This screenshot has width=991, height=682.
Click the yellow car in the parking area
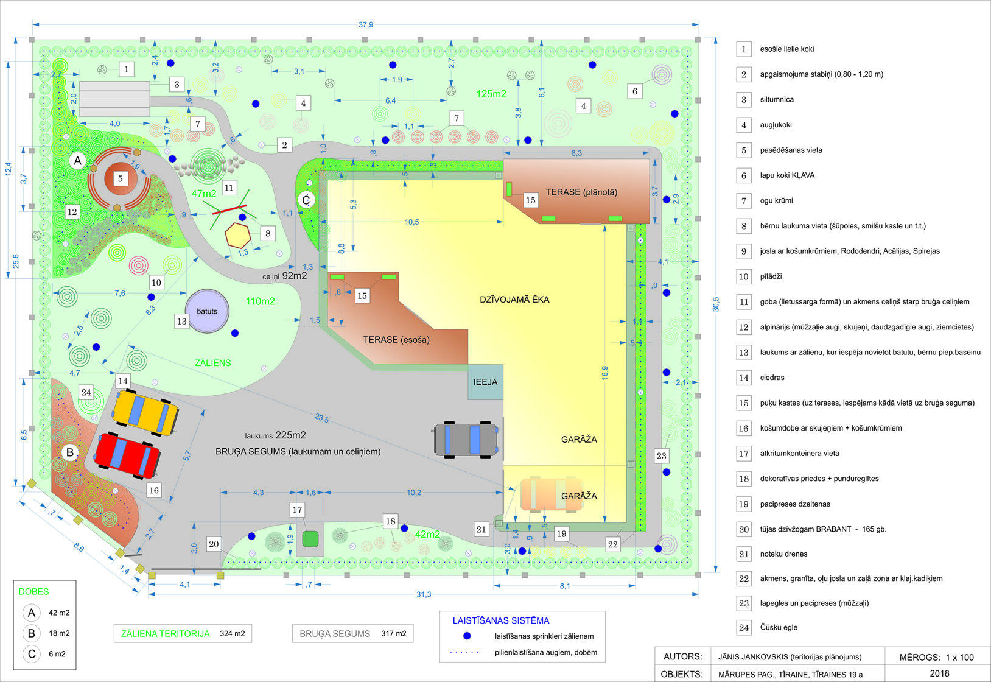click(145, 412)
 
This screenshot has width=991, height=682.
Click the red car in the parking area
click(127, 456)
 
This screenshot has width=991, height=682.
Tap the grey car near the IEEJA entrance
click(466, 440)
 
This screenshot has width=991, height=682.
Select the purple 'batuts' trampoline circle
click(207, 311)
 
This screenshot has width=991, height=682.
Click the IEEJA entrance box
click(485, 382)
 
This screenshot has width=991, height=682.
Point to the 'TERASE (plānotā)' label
click(581, 192)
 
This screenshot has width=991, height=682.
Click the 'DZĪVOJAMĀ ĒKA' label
click(514, 300)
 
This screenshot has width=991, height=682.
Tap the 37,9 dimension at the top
click(366, 25)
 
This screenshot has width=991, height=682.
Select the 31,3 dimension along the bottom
click(424, 594)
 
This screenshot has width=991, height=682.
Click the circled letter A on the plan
click(78, 161)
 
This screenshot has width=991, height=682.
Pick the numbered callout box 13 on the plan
click(182, 322)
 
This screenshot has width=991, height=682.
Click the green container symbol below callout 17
click(310, 539)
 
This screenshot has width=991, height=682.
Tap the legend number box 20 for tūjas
click(744, 529)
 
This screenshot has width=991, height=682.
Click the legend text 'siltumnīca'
click(777, 100)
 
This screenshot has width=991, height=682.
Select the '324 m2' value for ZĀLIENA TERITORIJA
click(233, 634)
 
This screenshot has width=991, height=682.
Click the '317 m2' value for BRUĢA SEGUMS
click(394, 634)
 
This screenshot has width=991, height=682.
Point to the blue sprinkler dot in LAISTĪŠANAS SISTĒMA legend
click(467, 636)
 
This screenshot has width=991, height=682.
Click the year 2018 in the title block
click(940, 673)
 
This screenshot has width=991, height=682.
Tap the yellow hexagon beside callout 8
click(237, 235)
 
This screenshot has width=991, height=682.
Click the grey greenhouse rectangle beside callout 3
click(114, 99)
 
